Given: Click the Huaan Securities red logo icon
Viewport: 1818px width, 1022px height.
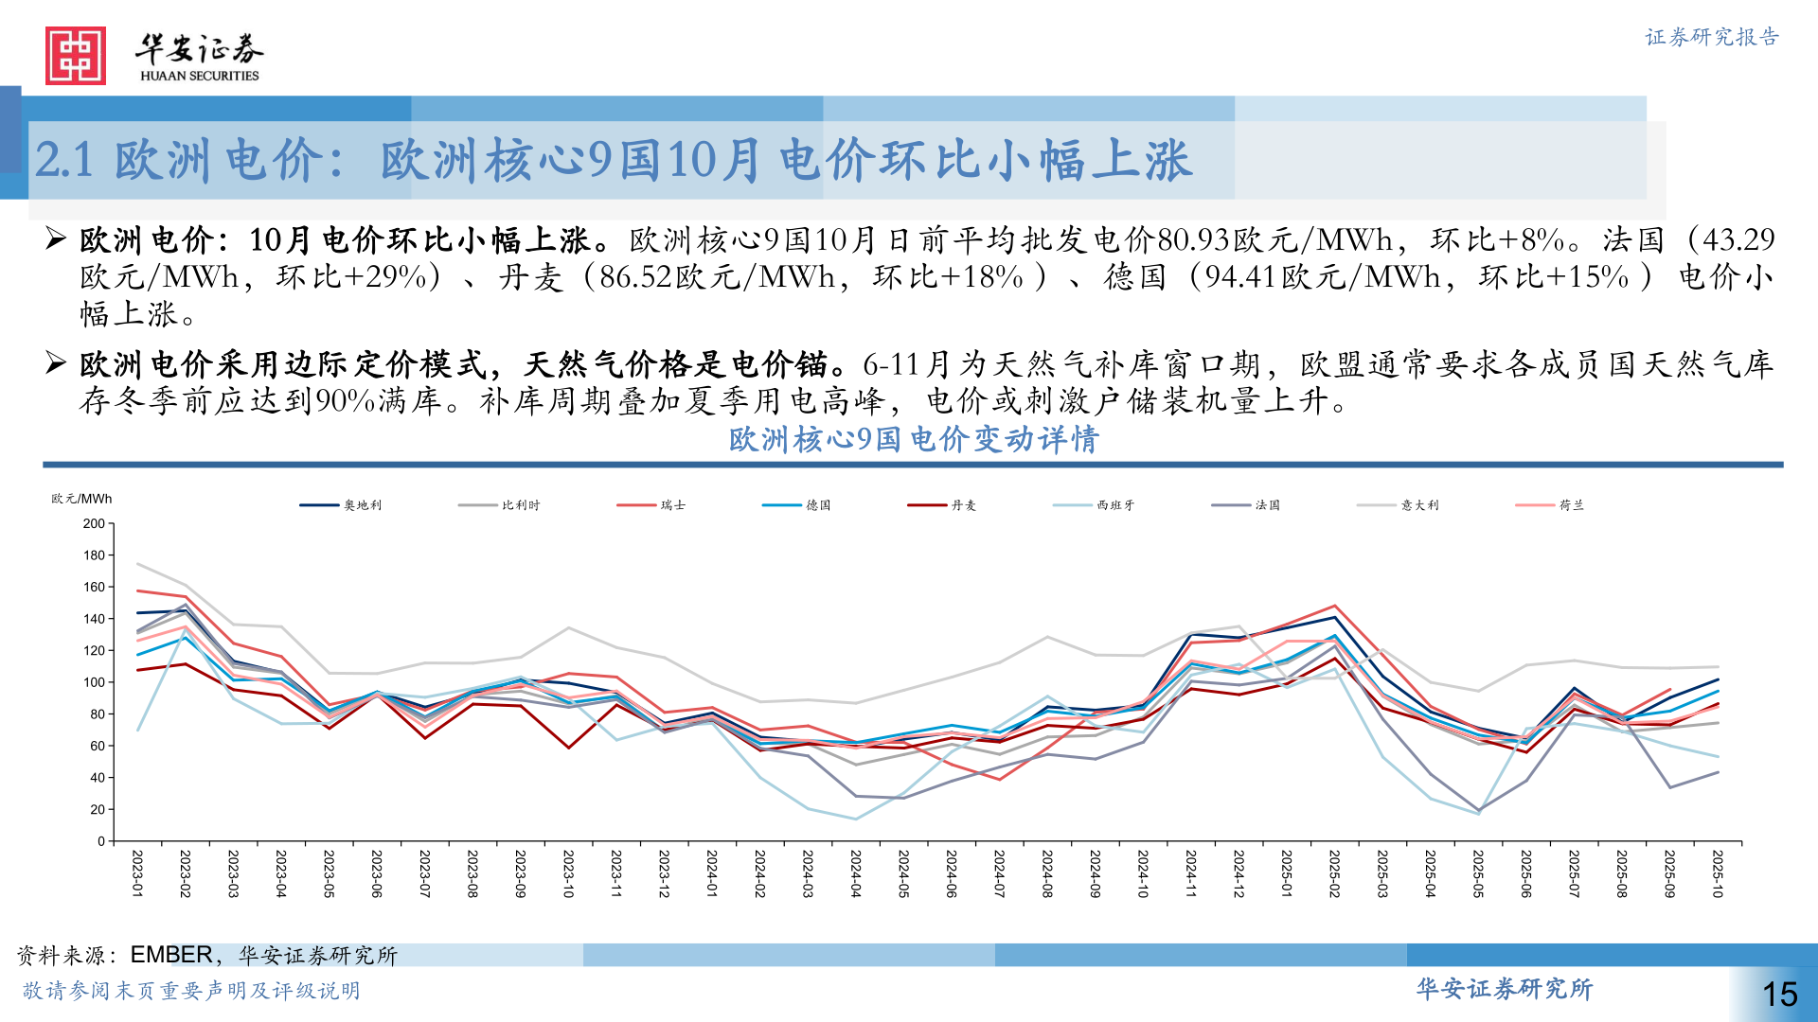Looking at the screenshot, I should pyautogui.click(x=75, y=56).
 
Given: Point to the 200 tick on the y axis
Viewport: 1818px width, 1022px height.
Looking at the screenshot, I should pyautogui.click(x=95, y=523).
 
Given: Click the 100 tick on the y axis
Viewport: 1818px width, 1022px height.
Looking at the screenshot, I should pyautogui.click(x=95, y=682).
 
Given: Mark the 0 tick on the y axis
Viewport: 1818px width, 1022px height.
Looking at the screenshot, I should pyautogui.click(x=101, y=841).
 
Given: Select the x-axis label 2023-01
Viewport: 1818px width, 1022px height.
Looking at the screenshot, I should pyautogui.click(x=138, y=873).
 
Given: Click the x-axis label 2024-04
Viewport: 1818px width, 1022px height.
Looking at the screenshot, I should pyautogui.click(x=856, y=873).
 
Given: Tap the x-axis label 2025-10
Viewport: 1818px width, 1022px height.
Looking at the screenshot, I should pyautogui.click(x=1718, y=873).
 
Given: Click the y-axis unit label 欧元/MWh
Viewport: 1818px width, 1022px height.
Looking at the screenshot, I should pyautogui.click(x=81, y=499).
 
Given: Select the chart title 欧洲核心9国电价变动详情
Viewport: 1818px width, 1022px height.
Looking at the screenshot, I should pyautogui.click(x=913, y=439).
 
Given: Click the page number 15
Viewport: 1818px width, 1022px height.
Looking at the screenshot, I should pyautogui.click(x=1779, y=994).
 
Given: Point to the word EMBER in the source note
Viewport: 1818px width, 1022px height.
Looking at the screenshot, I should pyautogui.click(x=171, y=955).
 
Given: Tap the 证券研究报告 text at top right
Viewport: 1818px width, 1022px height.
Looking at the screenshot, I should pyautogui.click(x=1712, y=37).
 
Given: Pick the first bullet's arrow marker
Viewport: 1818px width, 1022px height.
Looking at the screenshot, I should pyautogui.click(x=56, y=238).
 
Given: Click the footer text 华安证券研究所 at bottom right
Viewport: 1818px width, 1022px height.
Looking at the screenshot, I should pyautogui.click(x=1504, y=989).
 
